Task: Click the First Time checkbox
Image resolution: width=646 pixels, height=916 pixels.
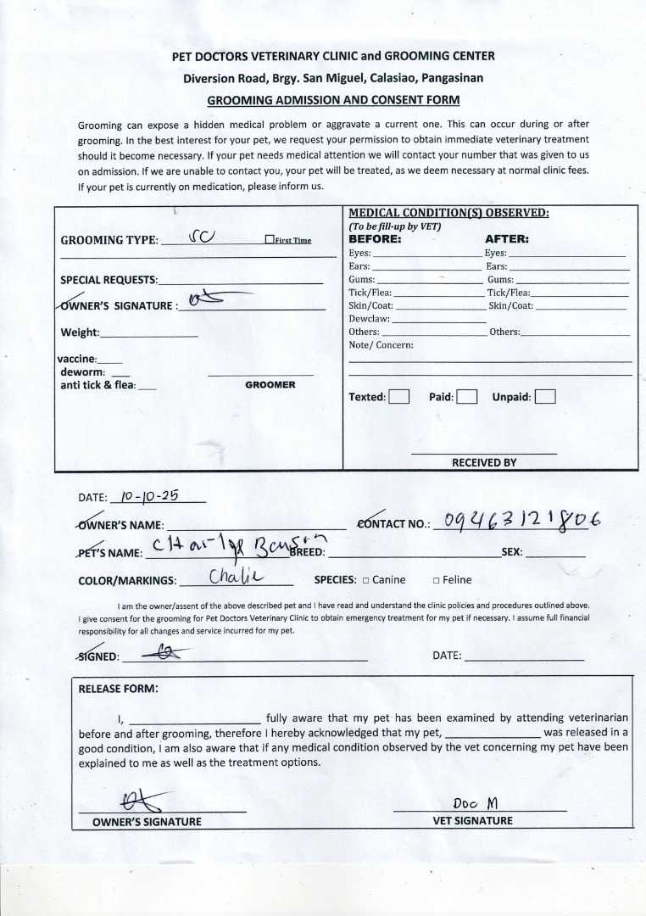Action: coord(269,240)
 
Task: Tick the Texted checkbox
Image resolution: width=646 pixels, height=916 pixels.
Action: coord(398,396)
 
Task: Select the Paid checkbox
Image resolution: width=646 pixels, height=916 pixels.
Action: coord(466,396)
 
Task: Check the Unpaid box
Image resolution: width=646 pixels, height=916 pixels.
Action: coord(545,396)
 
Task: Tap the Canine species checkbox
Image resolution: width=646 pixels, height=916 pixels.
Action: coord(365,580)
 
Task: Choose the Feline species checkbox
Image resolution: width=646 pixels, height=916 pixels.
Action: coord(436,580)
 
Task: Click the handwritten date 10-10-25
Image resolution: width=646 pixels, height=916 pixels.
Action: coord(149,496)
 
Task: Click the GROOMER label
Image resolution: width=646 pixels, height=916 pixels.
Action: coord(270,385)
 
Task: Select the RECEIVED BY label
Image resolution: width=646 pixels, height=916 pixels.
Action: coord(484,462)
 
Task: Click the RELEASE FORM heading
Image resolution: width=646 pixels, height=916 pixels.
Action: coord(118,689)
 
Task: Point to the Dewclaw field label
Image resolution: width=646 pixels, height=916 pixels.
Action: coord(369,319)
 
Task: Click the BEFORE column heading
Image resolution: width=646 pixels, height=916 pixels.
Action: coord(375,239)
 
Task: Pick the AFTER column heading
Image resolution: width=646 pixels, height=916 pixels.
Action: coord(506,239)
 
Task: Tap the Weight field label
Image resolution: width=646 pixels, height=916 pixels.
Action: coord(80,332)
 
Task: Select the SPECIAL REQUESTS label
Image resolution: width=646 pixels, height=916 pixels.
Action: coord(109,280)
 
